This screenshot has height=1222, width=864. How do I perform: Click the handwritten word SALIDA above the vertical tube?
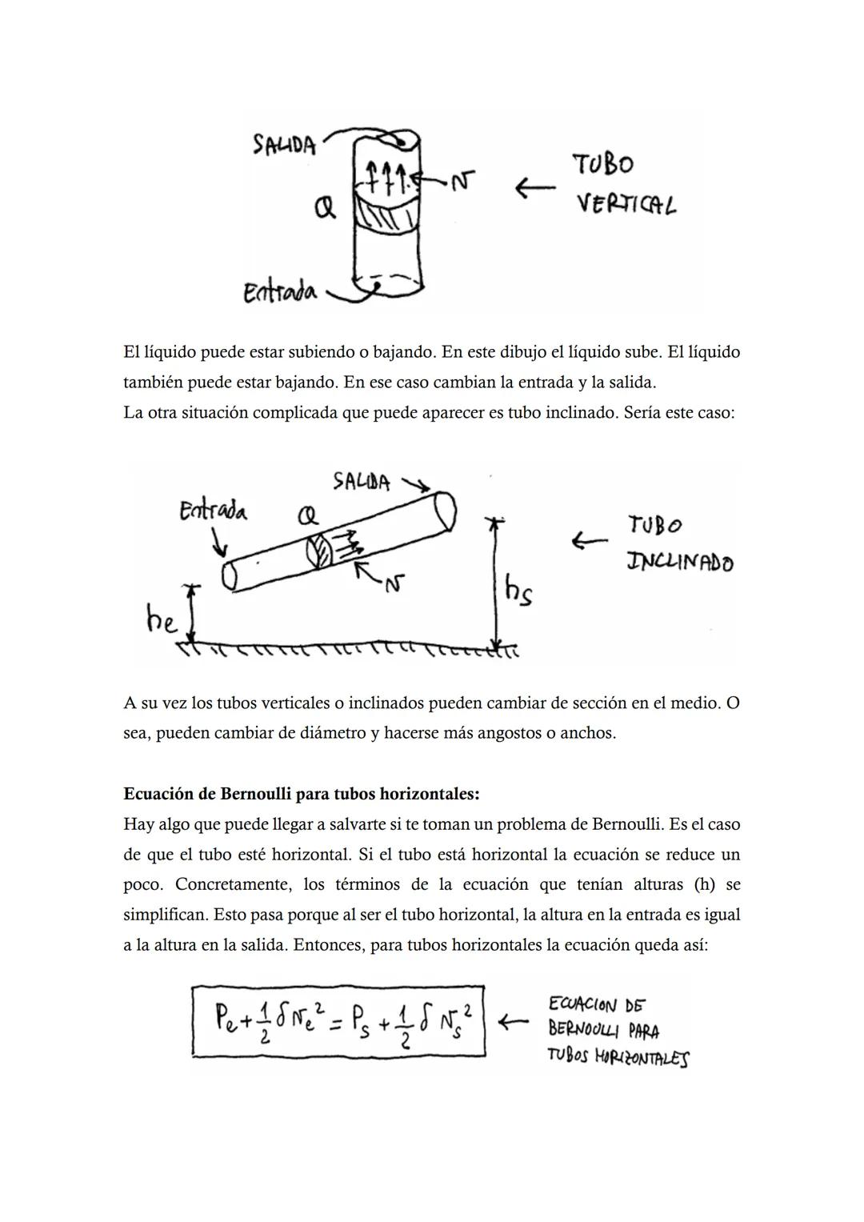tap(284, 145)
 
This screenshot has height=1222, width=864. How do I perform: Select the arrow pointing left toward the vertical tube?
tap(534, 188)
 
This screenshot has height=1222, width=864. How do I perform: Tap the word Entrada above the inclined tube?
tap(213, 511)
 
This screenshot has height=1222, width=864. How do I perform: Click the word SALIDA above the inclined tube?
tap(362, 483)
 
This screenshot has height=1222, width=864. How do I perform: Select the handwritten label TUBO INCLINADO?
tap(679, 544)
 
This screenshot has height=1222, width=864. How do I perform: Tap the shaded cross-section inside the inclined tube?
tap(318, 553)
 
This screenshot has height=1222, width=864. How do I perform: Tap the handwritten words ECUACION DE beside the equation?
tap(597, 1004)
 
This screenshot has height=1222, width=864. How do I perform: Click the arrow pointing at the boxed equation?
tap(513, 1022)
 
